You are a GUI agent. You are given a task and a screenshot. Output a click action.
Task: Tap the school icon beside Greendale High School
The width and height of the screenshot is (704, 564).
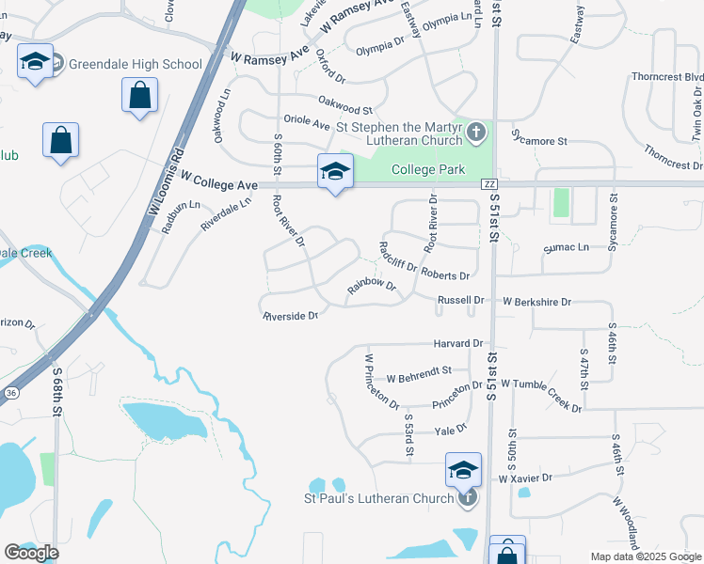coord(36,62)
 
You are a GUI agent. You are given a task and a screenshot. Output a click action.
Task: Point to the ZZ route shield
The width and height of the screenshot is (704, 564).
coord(488,184)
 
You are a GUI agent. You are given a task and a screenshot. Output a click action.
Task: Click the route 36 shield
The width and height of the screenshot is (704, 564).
coord(10,392)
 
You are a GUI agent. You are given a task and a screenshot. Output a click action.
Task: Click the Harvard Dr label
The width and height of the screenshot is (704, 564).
coord(457,344)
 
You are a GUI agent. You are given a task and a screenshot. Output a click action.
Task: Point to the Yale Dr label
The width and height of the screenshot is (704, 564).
coord(450,429)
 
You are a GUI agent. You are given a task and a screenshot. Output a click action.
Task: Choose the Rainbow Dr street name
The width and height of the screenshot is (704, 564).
coord(371,285)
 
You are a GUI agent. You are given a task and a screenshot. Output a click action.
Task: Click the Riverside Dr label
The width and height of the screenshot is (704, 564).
coord(290,316)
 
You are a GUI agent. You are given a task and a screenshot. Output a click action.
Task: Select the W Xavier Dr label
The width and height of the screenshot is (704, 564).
coord(524,478)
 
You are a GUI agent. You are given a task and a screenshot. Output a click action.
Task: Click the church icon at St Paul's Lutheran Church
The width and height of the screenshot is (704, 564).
coord(468,497)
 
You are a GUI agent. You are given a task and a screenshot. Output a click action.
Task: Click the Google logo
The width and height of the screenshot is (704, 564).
coord(31,553)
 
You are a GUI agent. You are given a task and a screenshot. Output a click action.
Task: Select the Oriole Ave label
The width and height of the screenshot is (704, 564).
coord(307,123)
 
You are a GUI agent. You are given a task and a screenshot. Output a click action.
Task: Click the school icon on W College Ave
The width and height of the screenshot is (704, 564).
coord(334,171)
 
